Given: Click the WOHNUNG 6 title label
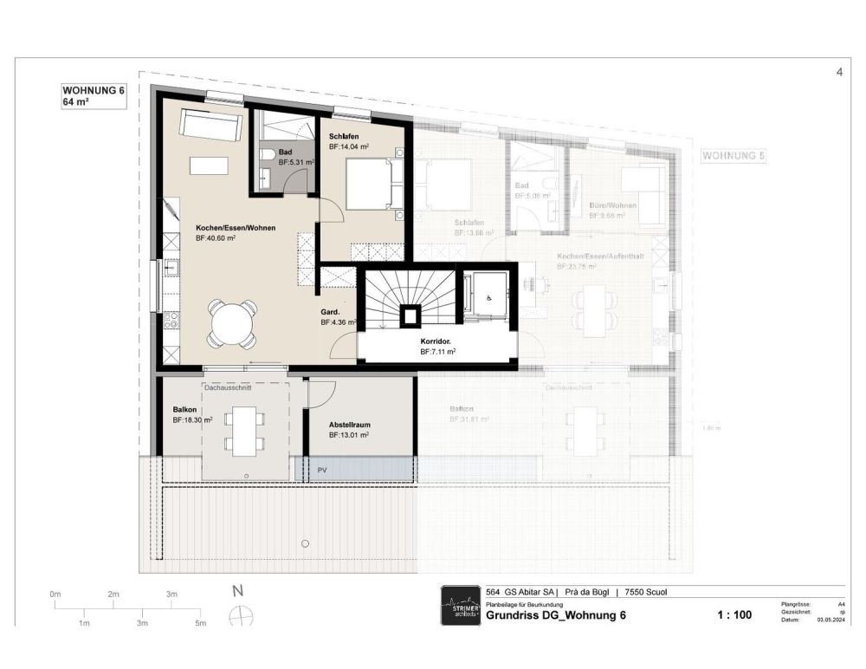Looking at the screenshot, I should point(94,89).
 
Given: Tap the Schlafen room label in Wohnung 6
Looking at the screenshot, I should point(344,137).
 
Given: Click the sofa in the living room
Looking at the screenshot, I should point(210,127).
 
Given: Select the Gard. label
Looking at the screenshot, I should point(330,311).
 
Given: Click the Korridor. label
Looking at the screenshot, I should point(438,342).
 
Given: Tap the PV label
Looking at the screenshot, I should point(322,470).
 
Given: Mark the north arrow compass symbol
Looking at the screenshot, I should point(241,615).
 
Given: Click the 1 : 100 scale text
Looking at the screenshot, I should point(734,615).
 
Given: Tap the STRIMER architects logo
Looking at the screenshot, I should point(459,604).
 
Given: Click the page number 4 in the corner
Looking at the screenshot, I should point(839,73).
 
